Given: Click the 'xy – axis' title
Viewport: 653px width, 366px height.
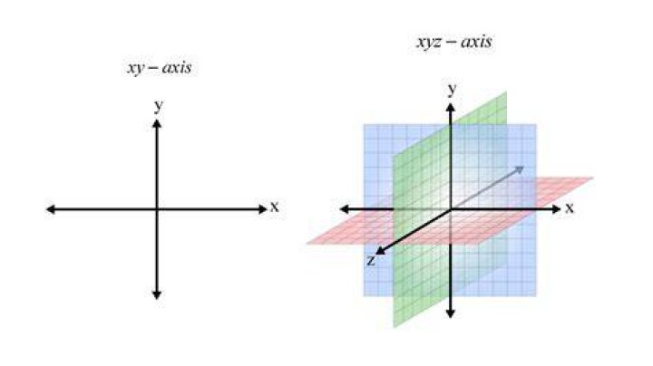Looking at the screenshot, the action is (159, 68).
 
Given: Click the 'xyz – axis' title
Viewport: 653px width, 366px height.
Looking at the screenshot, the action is (454, 42).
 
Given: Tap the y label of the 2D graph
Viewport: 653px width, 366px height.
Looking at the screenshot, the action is (158, 106).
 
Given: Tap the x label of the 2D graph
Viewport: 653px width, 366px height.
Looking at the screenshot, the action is (274, 207).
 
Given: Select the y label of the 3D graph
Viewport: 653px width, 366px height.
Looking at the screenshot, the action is (452, 89).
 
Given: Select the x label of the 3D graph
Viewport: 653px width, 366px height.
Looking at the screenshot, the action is (570, 207).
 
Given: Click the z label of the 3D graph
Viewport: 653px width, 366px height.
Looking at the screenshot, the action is (371, 260).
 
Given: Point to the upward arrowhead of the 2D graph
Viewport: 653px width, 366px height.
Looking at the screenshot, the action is (157, 123).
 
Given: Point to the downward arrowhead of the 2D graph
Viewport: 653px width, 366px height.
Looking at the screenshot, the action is (157, 294).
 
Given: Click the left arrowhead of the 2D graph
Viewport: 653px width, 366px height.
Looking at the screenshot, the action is (51, 209).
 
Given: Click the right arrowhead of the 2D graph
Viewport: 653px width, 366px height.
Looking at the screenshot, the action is (262, 209).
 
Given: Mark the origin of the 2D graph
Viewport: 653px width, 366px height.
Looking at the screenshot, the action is (157, 209).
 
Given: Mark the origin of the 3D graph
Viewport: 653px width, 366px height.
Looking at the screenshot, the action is (450, 209).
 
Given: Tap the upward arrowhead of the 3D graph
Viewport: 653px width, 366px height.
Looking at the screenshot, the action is (450, 107).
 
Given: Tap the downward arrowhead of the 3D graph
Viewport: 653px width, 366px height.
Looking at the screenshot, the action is (450, 313).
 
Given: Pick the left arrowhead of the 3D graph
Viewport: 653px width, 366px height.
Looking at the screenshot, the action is (345, 209).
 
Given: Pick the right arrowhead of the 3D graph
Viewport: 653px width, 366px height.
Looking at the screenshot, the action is (556, 209).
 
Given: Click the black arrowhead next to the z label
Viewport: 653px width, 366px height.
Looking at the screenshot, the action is (380, 250).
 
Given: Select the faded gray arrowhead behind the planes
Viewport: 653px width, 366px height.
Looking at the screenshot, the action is (520, 169).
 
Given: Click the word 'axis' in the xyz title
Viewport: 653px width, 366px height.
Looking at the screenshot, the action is (476, 42).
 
